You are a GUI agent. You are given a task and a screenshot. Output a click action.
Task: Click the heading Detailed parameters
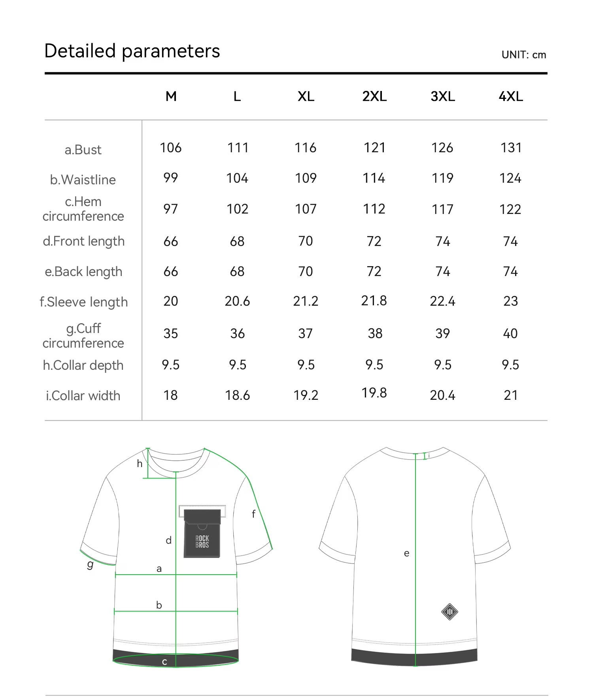coord(132,51)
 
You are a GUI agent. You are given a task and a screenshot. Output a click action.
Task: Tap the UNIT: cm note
coord(523,55)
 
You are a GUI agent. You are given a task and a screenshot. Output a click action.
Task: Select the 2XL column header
coord(374,96)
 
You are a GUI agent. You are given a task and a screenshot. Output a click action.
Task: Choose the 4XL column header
coord(511,96)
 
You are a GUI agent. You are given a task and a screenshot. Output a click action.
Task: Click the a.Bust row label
coord(83,150)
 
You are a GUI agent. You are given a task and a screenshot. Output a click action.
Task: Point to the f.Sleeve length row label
coord(84,302)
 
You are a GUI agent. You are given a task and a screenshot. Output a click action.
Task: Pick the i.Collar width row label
coord(83,396)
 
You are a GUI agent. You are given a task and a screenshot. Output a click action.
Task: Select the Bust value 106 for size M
coord(171,148)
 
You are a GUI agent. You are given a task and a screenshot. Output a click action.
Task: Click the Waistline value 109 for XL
coord(306,178)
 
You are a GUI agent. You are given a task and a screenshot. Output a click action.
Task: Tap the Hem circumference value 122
coord(510,209)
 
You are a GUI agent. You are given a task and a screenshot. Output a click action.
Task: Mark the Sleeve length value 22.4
coord(442,301)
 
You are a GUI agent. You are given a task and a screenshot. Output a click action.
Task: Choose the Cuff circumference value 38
coord(375,334)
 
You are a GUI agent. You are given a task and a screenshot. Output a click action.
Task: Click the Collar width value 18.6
coord(237,395)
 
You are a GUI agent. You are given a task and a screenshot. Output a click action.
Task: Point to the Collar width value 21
coord(510,395)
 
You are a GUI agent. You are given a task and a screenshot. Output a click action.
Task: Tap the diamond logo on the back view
coord(449,612)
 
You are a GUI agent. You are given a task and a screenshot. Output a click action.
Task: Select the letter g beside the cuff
coord(91,564)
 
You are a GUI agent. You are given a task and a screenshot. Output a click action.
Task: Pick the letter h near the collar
coord(140,463)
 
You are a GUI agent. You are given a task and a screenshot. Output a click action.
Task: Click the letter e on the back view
coord(406,553)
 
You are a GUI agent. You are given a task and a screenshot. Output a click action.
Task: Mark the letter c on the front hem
coord(164,662)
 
